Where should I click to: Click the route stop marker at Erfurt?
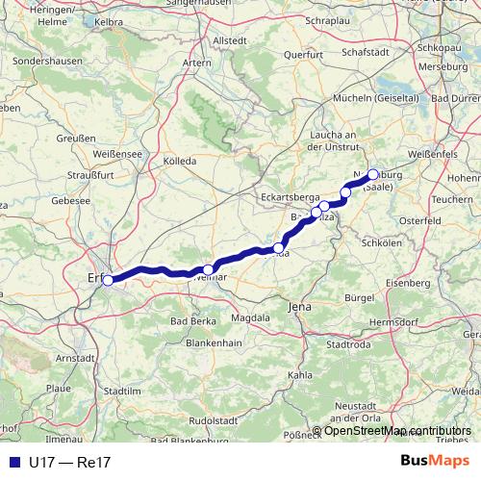109,280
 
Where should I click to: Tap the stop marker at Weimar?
209,269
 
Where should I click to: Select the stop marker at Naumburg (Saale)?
373,174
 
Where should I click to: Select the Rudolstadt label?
215,419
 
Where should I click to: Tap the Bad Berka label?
192,320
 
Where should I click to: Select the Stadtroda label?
349,342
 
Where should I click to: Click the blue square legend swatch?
13,463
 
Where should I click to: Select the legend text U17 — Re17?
70,463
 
